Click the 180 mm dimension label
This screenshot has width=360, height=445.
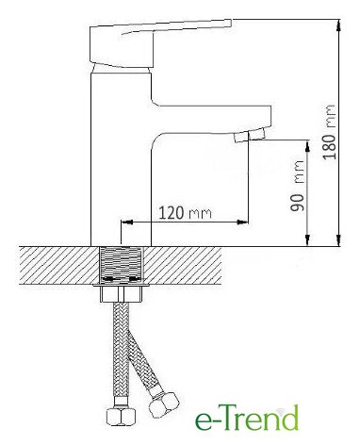tap(330, 132)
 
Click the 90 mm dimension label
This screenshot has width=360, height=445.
tap(297, 186)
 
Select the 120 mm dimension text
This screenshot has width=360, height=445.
tap(185, 213)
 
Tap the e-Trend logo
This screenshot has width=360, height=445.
tap(247, 418)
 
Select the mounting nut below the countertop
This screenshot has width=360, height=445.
tap(122, 295)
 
